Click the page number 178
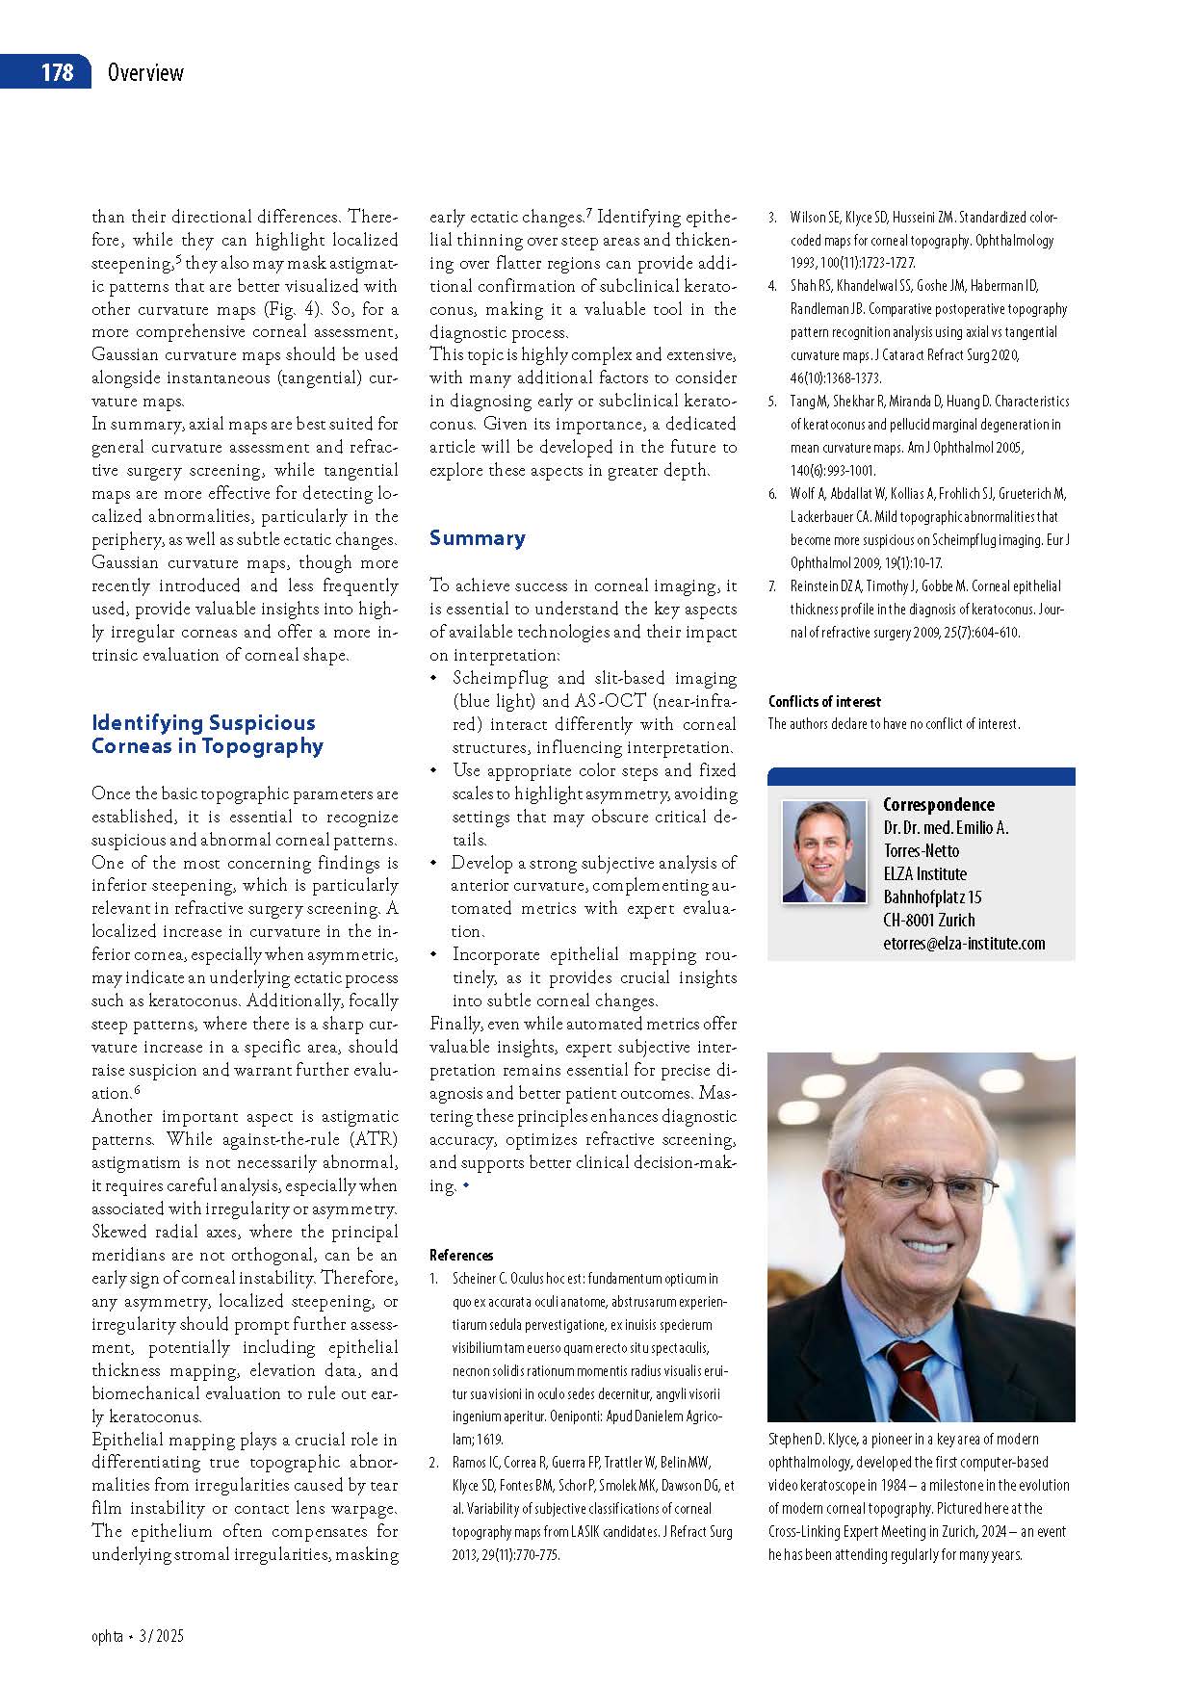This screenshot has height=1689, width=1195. pos(57,72)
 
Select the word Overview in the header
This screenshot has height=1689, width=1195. pos(145,72)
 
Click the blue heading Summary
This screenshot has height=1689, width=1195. pos(478,538)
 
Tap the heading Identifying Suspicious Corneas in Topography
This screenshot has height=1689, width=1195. pos(207,734)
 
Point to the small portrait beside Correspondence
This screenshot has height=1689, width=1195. pos(824,851)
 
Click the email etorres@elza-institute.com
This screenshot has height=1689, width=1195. pos(964,944)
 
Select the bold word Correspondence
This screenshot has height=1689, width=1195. pos(939,804)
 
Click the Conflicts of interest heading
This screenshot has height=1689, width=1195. pos(824,701)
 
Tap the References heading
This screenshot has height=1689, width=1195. pos(461,1255)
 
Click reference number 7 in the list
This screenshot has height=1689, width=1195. pos(772,586)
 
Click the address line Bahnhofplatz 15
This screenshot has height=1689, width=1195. pos(932,897)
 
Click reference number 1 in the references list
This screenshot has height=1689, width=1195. pos(434,1279)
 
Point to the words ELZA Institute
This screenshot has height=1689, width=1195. pos(924,874)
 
